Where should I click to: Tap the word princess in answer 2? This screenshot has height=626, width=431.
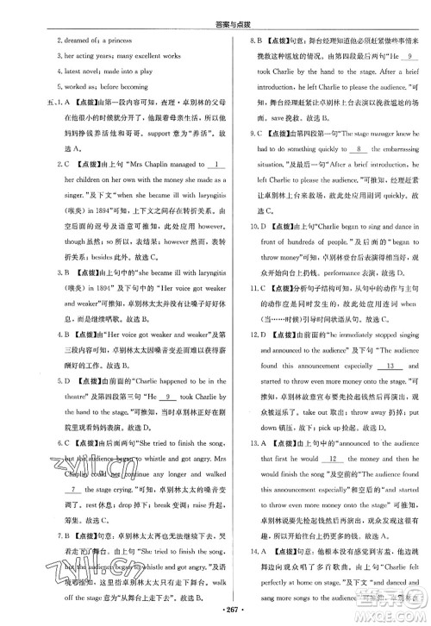(127, 39)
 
